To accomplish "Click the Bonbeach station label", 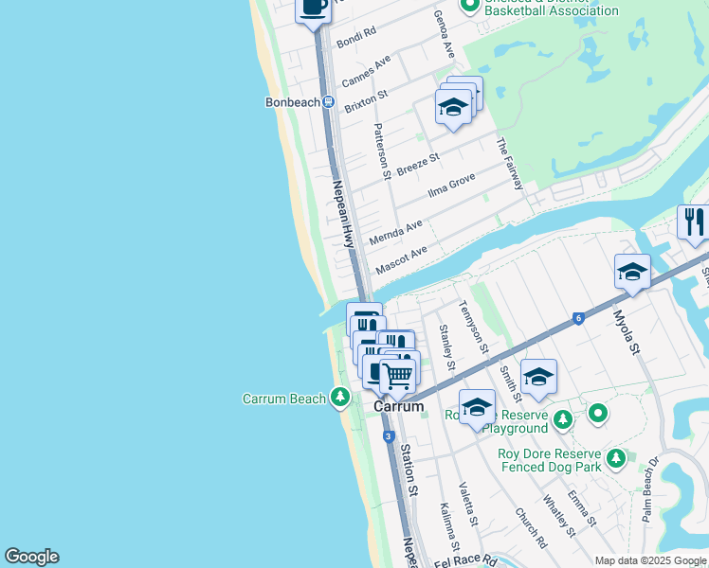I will click(x=291, y=101).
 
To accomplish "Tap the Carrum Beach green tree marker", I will click(x=340, y=399).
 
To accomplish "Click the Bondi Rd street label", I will click(x=356, y=38).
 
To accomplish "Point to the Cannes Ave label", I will click(x=367, y=69).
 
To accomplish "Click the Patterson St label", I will click(x=382, y=151).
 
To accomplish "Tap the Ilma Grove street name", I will click(x=451, y=185).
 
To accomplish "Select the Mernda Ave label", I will click(x=395, y=233).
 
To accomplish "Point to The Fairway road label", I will click(x=508, y=164).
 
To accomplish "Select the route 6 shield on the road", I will click(x=577, y=319).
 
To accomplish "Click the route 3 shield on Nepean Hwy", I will click(x=388, y=436).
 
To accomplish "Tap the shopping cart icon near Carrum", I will click(x=397, y=376).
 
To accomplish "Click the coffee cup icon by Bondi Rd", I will click(x=314, y=8).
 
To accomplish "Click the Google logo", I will click(x=32, y=557).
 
